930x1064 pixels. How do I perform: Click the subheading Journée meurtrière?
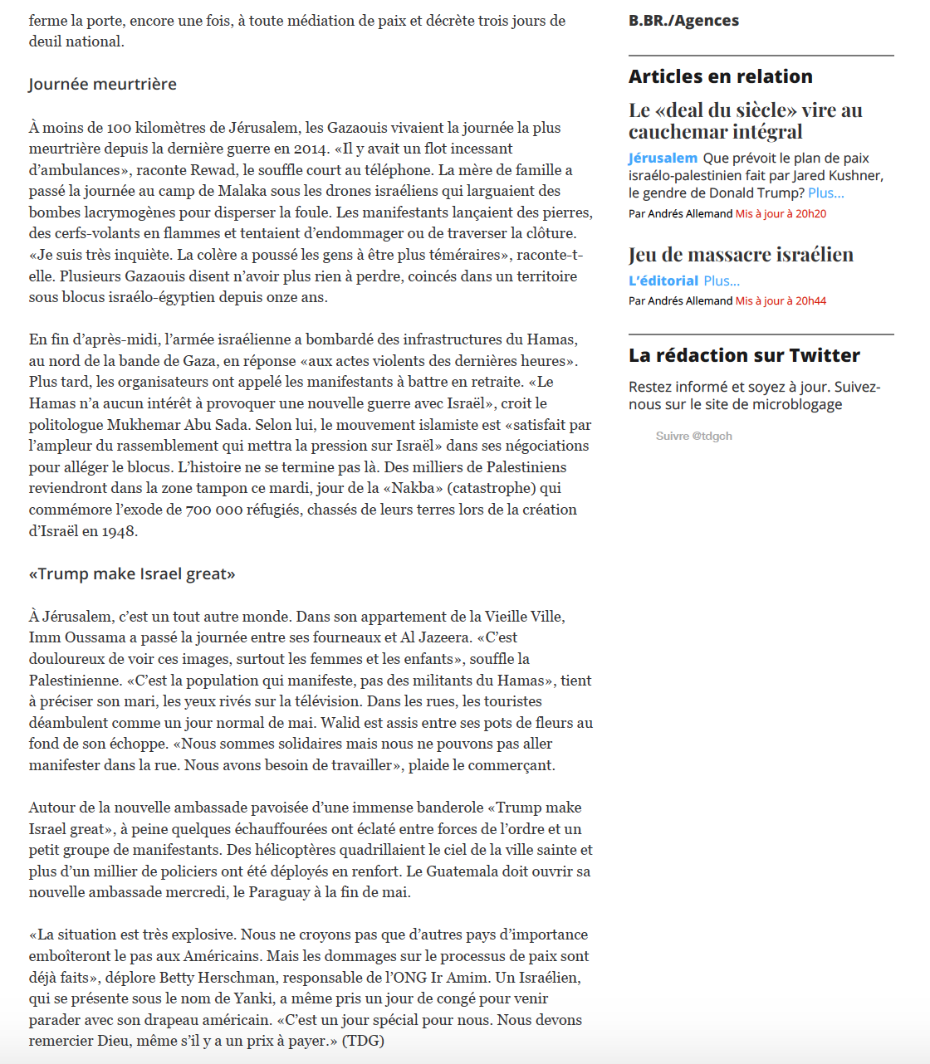click(x=102, y=84)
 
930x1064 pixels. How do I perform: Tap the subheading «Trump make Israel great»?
click(x=132, y=573)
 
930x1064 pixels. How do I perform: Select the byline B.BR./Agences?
click(x=683, y=21)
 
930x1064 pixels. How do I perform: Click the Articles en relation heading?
click(x=720, y=76)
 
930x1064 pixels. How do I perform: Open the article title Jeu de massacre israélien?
click(x=741, y=255)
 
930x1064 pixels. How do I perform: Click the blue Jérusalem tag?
click(x=663, y=158)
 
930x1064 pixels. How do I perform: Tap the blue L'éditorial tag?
click(x=663, y=281)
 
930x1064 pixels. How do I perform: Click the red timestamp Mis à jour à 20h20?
click(x=781, y=213)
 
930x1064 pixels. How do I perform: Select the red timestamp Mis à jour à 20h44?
click(x=781, y=300)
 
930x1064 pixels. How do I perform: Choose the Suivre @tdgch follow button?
click(x=693, y=436)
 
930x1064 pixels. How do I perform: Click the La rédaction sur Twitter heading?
click(x=744, y=355)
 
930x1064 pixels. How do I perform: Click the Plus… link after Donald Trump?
click(x=825, y=193)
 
